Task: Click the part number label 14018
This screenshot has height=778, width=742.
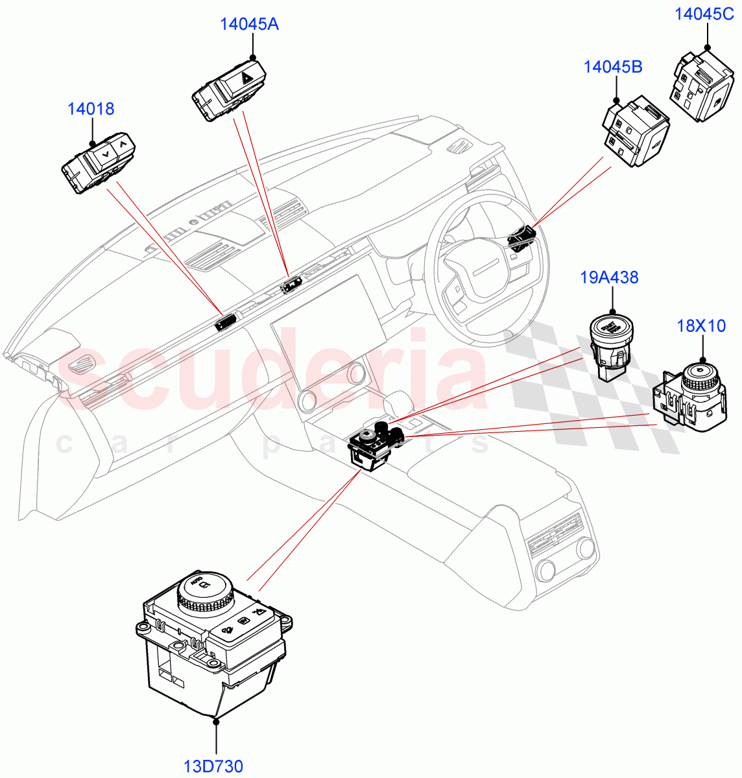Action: (91, 109)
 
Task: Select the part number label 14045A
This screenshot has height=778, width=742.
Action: (249, 25)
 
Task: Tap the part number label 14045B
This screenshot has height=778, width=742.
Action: (612, 67)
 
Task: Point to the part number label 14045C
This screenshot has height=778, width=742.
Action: (704, 14)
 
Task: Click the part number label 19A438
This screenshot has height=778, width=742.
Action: (609, 278)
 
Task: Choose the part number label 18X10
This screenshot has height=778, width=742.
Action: (701, 326)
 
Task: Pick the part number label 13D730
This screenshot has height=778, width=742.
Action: (213, 766)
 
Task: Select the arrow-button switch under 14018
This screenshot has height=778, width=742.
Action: (99, 164)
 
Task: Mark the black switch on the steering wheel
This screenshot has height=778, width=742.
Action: (521, 238)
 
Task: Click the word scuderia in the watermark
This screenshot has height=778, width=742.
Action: (272, 376)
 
